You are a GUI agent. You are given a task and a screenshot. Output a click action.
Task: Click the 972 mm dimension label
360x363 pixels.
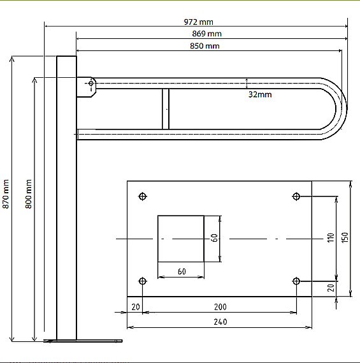[x=198, y=22]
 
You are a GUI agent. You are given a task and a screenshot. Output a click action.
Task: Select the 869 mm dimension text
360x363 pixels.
[x=206, y=34]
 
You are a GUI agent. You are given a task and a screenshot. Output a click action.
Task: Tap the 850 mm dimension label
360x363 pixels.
[x=205, y=46]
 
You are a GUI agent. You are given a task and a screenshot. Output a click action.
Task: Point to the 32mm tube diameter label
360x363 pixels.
[x=260, y=94]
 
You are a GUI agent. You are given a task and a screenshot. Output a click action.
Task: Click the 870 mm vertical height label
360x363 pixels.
[x=6, y=194]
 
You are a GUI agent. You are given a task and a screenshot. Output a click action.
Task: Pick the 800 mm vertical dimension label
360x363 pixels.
[x=28, y=194]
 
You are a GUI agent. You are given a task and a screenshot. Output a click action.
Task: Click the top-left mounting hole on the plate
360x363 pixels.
[x=143, y=196]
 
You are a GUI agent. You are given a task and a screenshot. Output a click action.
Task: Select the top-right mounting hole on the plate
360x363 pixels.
[x=296, y=196]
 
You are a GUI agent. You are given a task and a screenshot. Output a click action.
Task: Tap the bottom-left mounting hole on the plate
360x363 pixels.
[x=143, y=281]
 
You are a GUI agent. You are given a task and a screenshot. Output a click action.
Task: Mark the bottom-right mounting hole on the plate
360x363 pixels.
[x=296, y=281]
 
